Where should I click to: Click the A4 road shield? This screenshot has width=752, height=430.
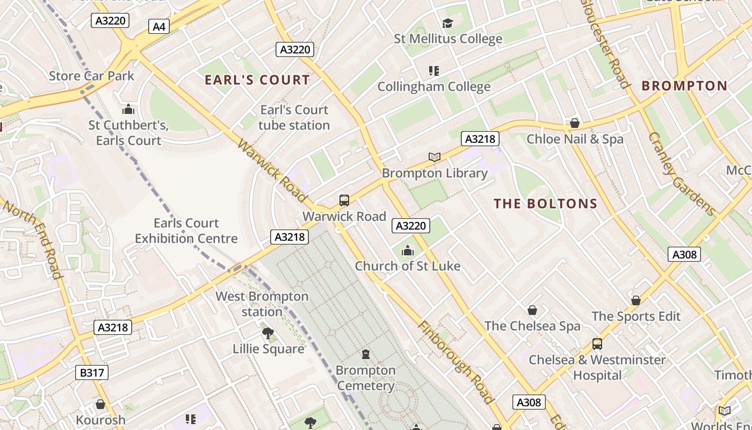tap(159, 26)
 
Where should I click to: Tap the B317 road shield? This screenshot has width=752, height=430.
tap(91, 372)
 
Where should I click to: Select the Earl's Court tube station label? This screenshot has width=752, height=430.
tap(294, 117)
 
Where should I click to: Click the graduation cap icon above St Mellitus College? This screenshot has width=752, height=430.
tap(447, 23)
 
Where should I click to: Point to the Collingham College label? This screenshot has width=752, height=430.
tap(433, 87)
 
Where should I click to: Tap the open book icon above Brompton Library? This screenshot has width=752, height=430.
tap(435, 157)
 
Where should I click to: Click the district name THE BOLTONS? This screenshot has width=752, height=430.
tap(545, 204)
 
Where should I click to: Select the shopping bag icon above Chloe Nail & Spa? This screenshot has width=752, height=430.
tap(574, 123)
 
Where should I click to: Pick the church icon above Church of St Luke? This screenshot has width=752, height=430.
tap(408, 250)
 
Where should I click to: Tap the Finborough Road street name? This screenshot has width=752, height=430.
tap(455, 362)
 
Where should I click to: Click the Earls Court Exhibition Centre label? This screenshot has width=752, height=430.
tap(186, 231)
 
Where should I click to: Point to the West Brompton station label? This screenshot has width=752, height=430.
tap(262, 304)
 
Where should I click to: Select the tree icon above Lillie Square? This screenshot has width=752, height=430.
tap(268, 333)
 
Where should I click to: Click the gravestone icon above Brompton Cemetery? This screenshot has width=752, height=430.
tap(366, 354)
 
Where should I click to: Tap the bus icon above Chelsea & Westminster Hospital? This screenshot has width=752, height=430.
tap(597, 343)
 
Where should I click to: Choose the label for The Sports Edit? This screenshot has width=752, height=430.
tap(636, 317)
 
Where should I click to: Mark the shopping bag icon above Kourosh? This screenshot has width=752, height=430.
tap(100, 404)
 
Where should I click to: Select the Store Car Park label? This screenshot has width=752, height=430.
tap(91, 76)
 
